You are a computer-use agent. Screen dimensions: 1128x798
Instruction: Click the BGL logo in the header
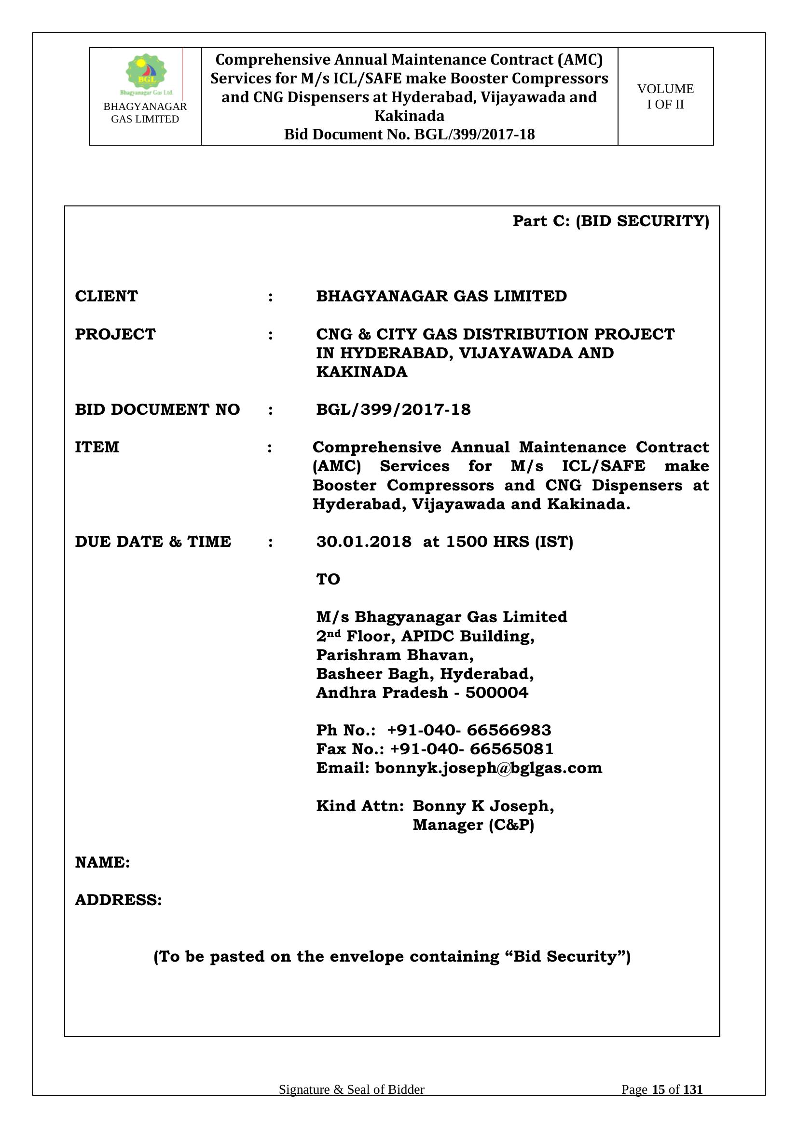tap(146, 74)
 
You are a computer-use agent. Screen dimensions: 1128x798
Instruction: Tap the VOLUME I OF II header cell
tap(665, 96)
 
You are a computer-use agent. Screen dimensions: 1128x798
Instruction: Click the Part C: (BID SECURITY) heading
tap(610, 221)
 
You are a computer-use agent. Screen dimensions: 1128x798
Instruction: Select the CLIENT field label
tap(106, 296)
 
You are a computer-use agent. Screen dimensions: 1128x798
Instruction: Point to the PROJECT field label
tap(115, 334)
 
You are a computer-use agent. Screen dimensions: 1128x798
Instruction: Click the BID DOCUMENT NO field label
tap(157, 409)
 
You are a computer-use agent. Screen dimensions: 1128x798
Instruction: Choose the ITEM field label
tap(97, 447)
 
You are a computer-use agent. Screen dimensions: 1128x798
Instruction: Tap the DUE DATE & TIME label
tap(152, 542)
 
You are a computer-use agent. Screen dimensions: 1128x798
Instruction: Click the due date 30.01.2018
tap(364, 542)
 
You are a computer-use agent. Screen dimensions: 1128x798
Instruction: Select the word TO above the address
tap(328, 579)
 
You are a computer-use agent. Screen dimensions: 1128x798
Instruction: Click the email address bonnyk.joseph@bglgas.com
tap(488, 768)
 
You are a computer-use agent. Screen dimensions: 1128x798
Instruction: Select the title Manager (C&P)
tap(473, 825)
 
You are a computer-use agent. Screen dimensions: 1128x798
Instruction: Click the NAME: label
tap(102, 862)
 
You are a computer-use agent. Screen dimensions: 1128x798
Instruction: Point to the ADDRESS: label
tap(118, 900)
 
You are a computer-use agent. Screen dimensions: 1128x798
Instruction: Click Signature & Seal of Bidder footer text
tap(351, 1090)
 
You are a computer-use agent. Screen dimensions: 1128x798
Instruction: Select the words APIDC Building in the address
tap(468, 636)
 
